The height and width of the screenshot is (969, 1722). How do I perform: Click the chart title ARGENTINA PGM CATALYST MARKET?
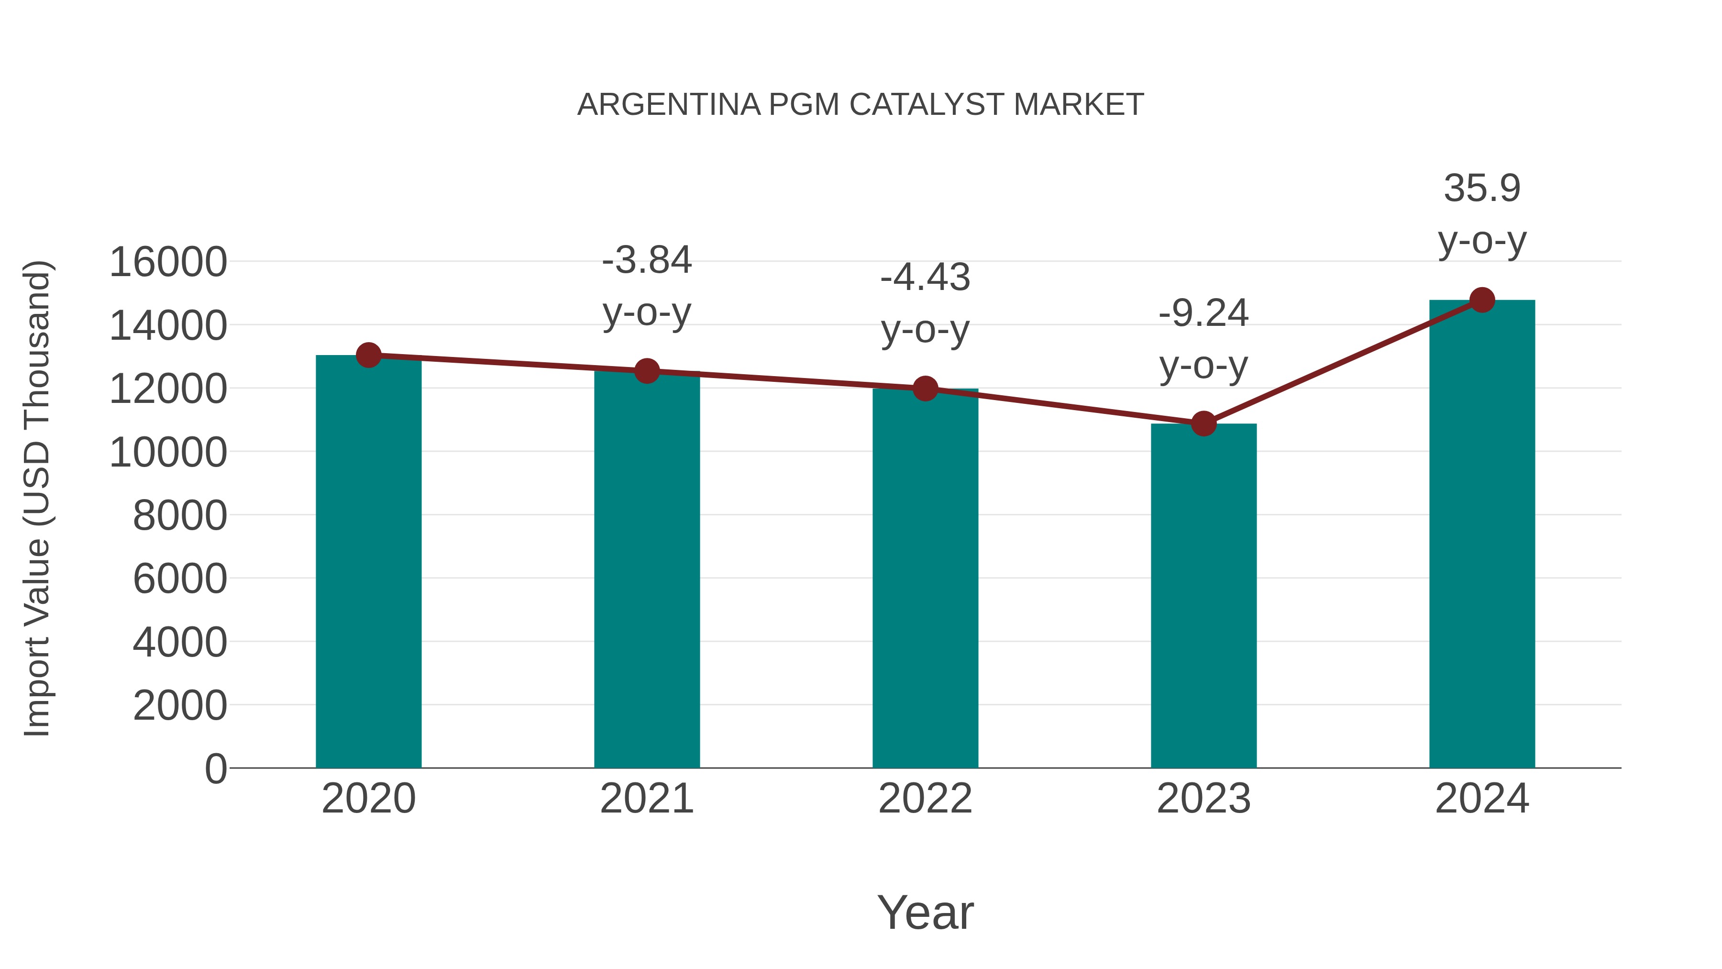click(x=861, y=105)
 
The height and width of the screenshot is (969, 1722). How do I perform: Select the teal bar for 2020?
click(x=368, y=562)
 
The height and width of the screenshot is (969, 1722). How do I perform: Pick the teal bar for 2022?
click(x=925, y=579)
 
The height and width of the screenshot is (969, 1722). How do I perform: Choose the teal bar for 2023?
click(x=1203, y=596)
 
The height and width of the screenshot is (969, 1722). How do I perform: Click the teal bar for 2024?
click(x=1482, y=535)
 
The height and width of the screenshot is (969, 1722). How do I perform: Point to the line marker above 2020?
click(x=368, y=355)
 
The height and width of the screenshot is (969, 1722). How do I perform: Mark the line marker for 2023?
click(x=1203, y=423)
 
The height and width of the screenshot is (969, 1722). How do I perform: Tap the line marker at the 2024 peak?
click(x=1482, y=300)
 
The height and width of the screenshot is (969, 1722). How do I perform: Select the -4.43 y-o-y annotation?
click(x=925, y=303)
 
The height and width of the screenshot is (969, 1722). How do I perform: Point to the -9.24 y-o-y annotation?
click(x=1203, y=339)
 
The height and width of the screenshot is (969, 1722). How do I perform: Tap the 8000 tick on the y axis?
click(x=180, y=515)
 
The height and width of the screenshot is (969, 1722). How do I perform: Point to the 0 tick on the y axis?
click(x=215, y=769)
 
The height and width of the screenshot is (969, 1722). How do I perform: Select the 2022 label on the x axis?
click(x=925, y=799)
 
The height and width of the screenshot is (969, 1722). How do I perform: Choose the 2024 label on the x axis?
click(x=1482, y=799)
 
